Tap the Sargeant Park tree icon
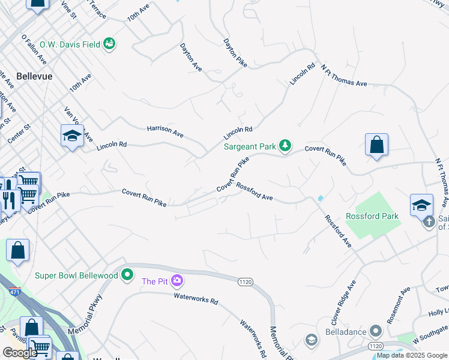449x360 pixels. pos(286,145)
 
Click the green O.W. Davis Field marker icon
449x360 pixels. pos(109,43)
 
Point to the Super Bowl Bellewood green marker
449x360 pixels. pos(127,275)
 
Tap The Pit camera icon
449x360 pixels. pos(176,280)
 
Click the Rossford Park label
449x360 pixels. pos(372,216)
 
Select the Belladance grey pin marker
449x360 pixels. pos(376,331)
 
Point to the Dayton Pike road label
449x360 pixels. pos(235,52)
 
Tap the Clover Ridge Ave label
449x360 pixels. pos(345,300)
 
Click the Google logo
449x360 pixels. pos(20,353)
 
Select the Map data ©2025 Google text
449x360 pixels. pos(411,355)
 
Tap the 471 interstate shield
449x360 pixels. pos(6,292)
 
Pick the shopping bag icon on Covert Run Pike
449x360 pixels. pos(376,145)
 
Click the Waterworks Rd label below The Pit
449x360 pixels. pos(196,298)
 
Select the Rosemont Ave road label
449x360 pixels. pos(398,305)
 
